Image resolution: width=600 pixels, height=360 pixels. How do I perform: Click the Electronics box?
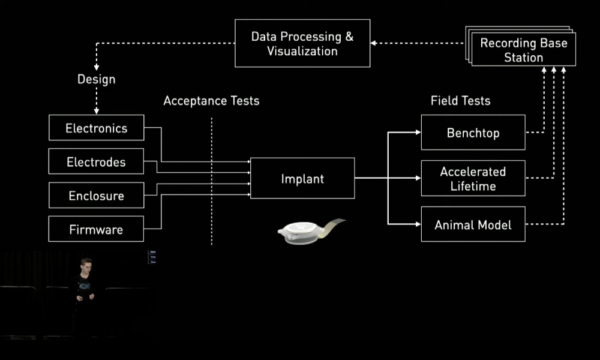(x=97, y=128)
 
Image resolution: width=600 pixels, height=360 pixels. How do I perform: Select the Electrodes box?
(x=97, y=161)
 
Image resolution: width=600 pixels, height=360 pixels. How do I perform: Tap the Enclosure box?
(x=97, y=195)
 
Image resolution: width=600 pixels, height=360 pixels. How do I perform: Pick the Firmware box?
(x=97, y=229)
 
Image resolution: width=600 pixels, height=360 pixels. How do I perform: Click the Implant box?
(x=302, y=178)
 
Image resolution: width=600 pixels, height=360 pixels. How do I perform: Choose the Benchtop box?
(x=473, y=133)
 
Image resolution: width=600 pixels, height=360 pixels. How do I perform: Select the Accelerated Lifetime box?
(x=473, y=178)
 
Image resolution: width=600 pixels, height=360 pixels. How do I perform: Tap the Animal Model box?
(x=473, y=224)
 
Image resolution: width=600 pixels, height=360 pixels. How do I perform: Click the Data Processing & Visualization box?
(x=302, y=43)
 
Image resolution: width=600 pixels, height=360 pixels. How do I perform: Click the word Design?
(x=97, y=79)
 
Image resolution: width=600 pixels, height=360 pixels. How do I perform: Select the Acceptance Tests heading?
(x=211, y=101)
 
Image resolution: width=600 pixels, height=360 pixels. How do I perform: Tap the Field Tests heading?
(x=460, y=101)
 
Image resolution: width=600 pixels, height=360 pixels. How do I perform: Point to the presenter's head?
(x=86, y=266)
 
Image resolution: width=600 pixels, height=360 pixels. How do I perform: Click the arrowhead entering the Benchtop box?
(x=418, y=133)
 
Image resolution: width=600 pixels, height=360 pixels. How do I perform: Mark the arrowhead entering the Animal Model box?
(x=418, y=224)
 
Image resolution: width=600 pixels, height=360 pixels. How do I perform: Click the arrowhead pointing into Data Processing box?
(x=373, y=43)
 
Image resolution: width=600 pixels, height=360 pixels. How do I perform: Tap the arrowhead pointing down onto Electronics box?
(x=97, y=112)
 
